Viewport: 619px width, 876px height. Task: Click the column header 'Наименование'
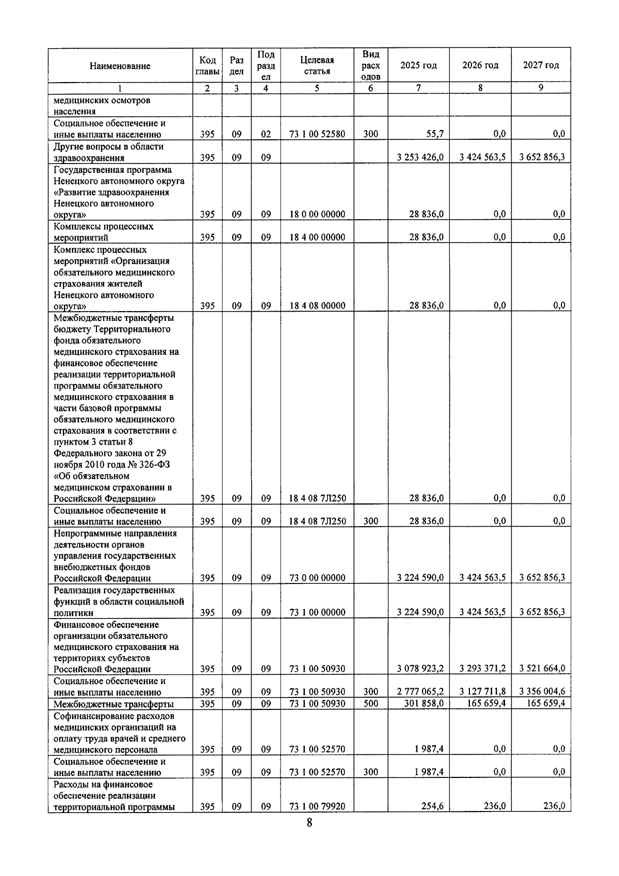click(x=120, y=66)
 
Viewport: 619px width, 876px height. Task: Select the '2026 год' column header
click(x=480, y=65)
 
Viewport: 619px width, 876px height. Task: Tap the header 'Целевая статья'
click(x=317, y=66)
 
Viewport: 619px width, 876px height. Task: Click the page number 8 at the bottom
click(x=309, y=837)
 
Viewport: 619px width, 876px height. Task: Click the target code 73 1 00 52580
click(x=317, y=134)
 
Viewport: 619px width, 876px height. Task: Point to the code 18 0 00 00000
click(x=317, y=214)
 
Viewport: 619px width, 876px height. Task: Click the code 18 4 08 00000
click(x=317, y=305)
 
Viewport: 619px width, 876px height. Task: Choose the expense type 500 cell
click(x=370, y=704)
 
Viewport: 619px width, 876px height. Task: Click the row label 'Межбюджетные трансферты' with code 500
click(x=114, y=704)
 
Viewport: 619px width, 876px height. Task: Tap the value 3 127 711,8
click(x=482, y=692)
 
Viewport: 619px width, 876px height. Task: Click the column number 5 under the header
click(x=317, y=88)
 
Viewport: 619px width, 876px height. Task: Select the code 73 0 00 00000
click(x=317, y=578)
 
